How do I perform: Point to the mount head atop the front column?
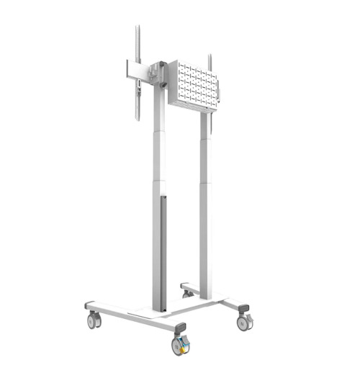157,73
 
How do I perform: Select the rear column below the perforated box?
205,209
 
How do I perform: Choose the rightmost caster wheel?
244,323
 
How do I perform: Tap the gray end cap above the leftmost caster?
90,306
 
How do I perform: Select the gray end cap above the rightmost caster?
243,307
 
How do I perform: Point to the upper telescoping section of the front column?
158,137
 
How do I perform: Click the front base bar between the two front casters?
137,317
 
